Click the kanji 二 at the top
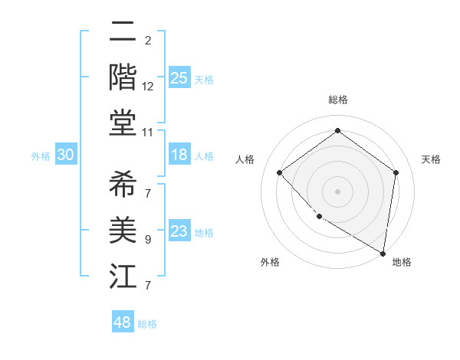123,33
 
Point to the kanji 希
123,185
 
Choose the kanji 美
123,230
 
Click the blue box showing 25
179,77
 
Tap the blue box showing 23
179,231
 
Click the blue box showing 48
123,322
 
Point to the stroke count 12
148,87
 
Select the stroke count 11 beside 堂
148,133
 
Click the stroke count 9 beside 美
147,240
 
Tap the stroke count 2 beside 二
147,41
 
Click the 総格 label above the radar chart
337,100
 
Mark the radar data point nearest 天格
396,172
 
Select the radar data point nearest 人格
280,172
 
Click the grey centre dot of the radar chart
337,191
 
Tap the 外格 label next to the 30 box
41,155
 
